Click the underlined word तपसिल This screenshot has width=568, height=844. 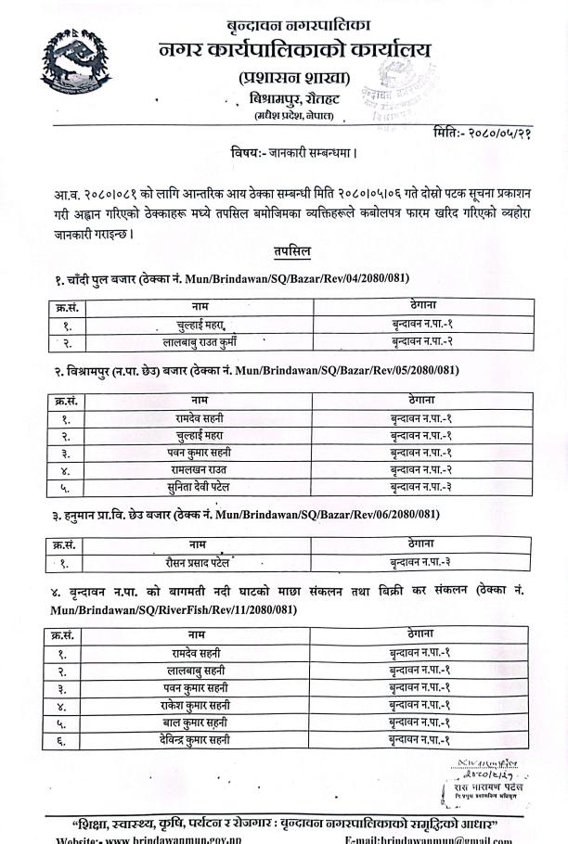291,251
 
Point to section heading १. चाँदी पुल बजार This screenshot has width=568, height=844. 88,278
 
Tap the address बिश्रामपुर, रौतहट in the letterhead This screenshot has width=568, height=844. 284,97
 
